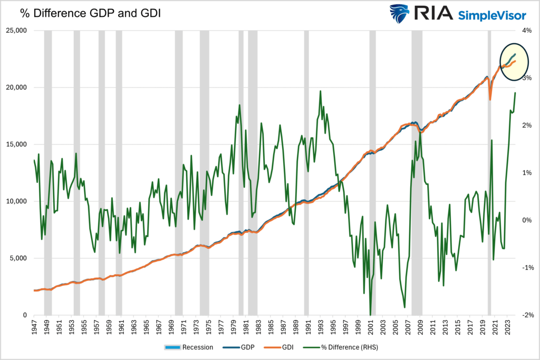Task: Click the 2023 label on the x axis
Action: tap(508, 330)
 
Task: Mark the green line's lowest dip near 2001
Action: tap(371, 314)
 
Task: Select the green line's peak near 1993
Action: tap(320, 92)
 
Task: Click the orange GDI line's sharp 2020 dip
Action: tap(490, 99)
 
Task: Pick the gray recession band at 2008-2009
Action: tap(417, 174)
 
